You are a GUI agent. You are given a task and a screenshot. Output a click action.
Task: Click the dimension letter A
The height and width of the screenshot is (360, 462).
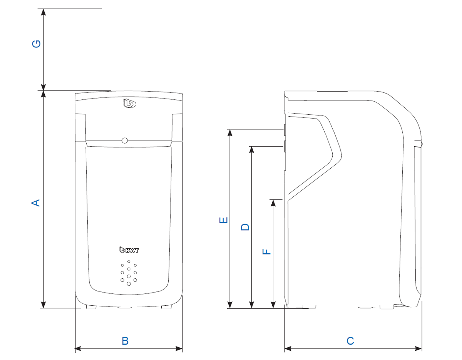click(x=35, y=203)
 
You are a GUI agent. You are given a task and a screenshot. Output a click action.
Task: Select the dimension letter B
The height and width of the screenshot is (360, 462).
click(x=125, y=341)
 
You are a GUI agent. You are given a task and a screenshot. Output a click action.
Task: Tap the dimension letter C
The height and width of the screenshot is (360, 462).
click(x=350, y=341)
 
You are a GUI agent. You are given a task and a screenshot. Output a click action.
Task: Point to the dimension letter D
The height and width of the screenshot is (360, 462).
click(x=245, y=226)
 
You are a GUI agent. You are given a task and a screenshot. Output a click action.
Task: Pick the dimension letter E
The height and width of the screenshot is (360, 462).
click(x=223, y=220)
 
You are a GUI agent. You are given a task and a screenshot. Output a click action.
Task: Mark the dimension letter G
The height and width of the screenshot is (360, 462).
click(x=36, y=44)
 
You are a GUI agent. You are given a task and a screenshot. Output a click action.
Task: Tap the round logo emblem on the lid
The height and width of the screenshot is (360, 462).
click(x=130, y=104)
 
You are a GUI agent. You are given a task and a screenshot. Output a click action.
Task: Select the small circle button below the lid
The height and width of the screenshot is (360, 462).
click(x=124, y=141)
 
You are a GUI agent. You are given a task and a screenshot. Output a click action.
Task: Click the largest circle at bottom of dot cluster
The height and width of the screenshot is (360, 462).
click(x=129, y=284)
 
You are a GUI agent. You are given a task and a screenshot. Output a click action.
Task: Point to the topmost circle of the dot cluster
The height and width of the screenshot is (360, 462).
click(x=129, y=262)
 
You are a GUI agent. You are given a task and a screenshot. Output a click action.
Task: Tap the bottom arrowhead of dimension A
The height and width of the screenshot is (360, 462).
click(x=44, y=305)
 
